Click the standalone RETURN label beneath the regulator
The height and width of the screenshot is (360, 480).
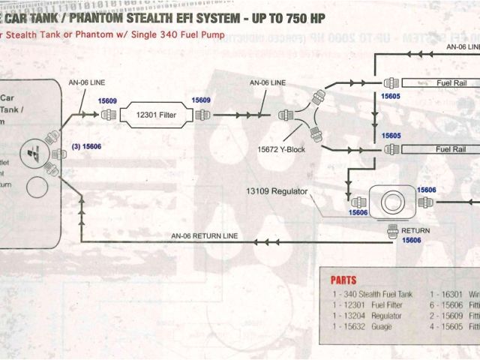coord(415,229)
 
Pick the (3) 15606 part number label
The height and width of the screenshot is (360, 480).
coord(86,147)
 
